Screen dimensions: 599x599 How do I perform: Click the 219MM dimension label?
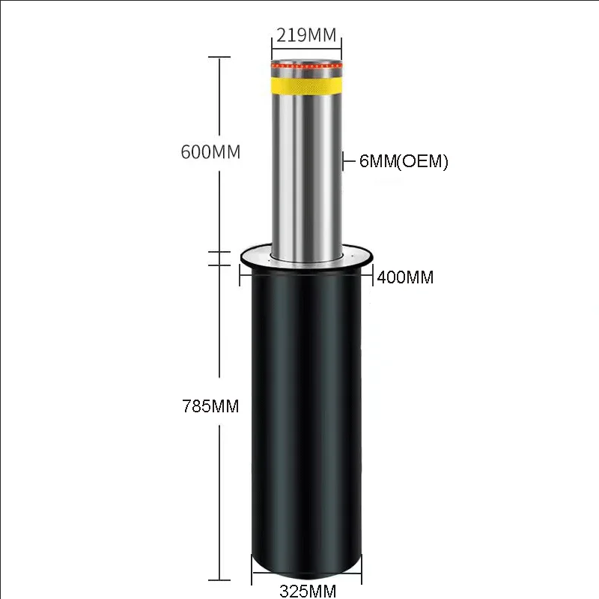[306, 35]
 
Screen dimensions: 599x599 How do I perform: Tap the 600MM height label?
[210, 152]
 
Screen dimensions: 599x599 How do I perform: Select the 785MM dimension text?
[210, 406]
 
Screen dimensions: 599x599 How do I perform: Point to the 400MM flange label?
[405, 277]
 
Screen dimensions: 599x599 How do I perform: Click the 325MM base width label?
[308, 591]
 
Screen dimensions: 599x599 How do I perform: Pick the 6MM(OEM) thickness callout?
[404, 161]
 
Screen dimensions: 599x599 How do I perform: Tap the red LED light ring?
[306, 66]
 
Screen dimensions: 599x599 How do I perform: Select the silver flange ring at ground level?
[306, 258]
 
